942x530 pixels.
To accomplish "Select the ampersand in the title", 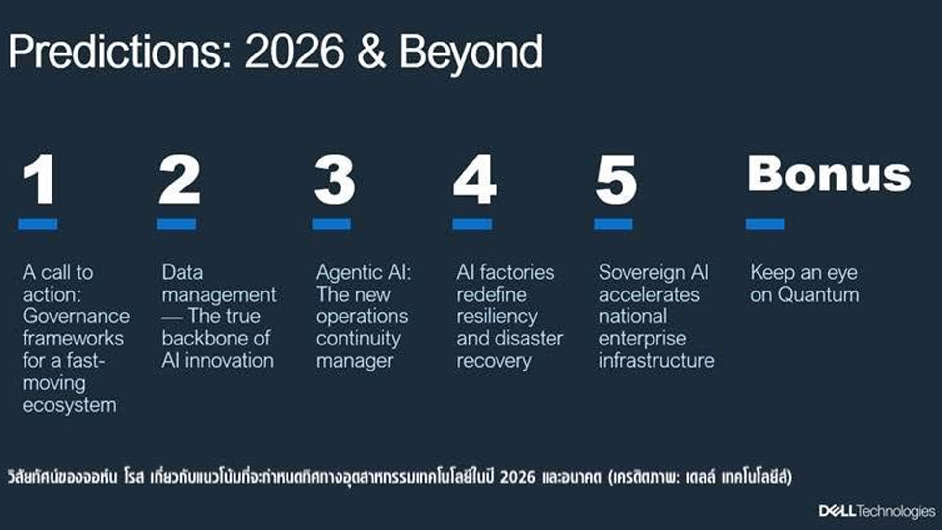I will click(x=371, y=52).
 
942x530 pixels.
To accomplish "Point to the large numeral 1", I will click(x=39, y=179).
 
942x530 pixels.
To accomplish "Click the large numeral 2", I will click(x=180, y=179).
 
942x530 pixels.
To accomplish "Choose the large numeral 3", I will click(x=335, y=180).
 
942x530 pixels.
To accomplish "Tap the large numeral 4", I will click(x=474, y=179).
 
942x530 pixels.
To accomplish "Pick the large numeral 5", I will click(x=616, y=180).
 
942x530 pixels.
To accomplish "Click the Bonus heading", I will click(x=829, y=174).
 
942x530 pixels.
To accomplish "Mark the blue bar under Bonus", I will click(x=764, y=224).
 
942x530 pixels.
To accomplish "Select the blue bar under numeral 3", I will click(x=331, y=224).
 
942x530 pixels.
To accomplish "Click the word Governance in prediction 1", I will click(x=76, y=317).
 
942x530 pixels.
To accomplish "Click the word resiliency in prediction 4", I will click(x=497, y=317).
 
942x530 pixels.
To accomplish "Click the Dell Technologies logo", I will click(x=877, y=511).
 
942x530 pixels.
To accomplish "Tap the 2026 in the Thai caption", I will click(x=518, y=477).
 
